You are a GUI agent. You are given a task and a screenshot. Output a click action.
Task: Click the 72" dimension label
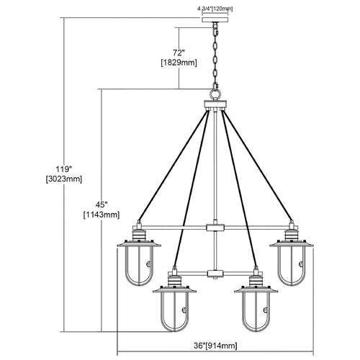point(179,53)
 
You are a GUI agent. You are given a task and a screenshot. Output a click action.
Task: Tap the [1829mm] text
point(179,63)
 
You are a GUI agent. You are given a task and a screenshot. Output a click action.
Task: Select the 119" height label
point(64,169)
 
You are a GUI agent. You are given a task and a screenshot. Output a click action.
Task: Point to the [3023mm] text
point(64,179)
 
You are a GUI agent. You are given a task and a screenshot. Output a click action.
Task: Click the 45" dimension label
point(102,204)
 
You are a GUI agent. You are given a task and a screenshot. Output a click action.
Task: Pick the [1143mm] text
point(102,215)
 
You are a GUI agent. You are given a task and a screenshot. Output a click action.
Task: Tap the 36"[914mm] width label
point(215,346)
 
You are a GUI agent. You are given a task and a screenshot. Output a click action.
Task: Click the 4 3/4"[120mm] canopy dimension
point(215,9)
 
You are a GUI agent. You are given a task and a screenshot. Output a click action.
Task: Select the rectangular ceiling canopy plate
point(215,19)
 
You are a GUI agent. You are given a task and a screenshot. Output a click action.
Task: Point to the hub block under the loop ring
point(215,104)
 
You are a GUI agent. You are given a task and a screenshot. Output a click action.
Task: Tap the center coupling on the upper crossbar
point(215,228)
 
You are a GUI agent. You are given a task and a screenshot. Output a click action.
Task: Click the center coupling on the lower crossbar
point(215,274)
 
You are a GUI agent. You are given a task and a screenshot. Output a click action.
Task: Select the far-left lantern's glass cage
point(139,266)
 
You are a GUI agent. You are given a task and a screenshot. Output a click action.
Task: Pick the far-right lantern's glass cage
point(292,266)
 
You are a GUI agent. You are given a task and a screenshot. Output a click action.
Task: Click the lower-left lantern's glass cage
point(175,312)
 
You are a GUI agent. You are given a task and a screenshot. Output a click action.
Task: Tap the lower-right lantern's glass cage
point(256,312)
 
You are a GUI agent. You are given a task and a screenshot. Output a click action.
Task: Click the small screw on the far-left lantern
point(149,264)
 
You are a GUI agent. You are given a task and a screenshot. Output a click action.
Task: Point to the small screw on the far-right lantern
point(301,264)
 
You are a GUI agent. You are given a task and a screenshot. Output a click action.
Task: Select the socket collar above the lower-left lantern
point(174,281)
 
